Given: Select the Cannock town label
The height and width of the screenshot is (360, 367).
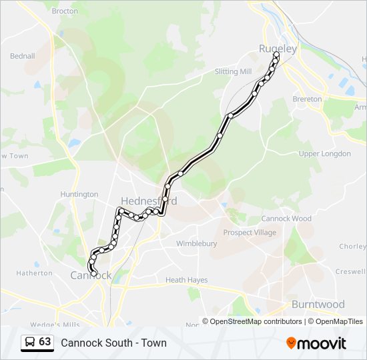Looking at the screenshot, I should [x=87, y=275].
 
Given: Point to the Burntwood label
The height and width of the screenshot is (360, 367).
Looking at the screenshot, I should [x=318, y=305].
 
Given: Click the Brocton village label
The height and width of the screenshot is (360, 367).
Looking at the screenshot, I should [x=65, y=11].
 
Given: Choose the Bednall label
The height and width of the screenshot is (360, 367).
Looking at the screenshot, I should [x=22, y=56].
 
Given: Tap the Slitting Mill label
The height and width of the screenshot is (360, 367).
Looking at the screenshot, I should [x=233, y=71].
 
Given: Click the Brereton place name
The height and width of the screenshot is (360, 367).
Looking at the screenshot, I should [x=307, y=99].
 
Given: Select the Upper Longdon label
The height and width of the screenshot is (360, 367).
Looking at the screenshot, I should [x=324, y=154].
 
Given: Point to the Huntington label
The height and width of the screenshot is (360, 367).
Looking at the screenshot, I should [x=79, y=195].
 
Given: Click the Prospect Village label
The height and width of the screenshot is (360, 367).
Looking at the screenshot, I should [x=250, y=233].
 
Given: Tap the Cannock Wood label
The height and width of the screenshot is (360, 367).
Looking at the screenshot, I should [x=286, y=219].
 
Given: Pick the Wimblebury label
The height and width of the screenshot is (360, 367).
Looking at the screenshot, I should [x=196, y=244].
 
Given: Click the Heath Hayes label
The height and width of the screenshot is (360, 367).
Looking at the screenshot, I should [x=186, y=281].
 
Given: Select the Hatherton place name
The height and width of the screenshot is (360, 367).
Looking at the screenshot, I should [x=34, y=273].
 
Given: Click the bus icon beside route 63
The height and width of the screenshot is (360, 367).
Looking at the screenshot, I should [x=30, y=343].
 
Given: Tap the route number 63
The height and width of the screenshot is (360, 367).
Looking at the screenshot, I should [x=45, y=342].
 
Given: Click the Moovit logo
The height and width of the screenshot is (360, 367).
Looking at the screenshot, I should [x=316, y=343].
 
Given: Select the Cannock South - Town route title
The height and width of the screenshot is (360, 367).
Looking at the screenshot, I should [x=113, y=343].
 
